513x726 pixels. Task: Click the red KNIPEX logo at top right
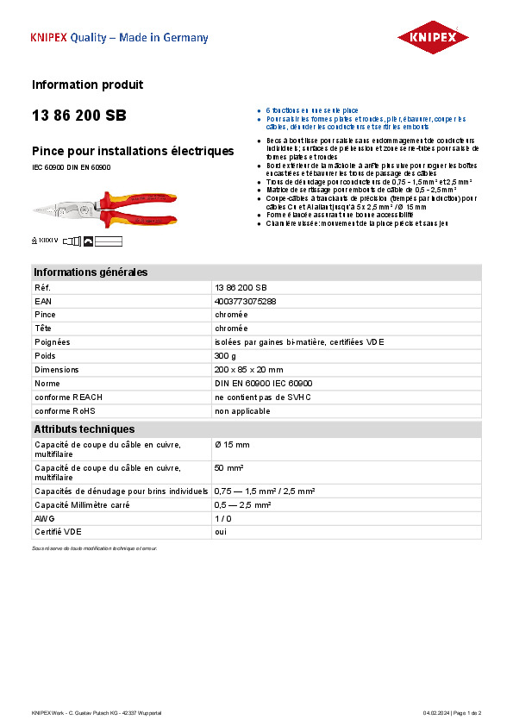[x=432, y=37]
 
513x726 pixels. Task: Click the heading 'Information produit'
[x=87, y=84]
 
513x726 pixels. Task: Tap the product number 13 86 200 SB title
[x=78, y=115]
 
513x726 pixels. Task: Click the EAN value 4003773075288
[x=246, y=301]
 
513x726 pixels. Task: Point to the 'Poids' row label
[x=45, y=355]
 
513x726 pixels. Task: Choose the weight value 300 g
[x=225, y=355]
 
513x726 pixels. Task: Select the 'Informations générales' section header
[x=91, y=272]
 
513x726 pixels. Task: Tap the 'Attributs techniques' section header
[x=84, y=429]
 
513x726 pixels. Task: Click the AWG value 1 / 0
[x=223, y=519]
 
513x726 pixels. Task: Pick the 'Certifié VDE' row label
[x=56, y=532]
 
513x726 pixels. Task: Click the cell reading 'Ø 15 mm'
[x=232, y=444]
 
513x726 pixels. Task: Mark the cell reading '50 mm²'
[x=228, y=467]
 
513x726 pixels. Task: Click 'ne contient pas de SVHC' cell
[x=262, y=397]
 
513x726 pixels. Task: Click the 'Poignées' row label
[x=52, y=341]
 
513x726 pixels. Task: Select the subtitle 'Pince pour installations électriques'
[x=133, y=151]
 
